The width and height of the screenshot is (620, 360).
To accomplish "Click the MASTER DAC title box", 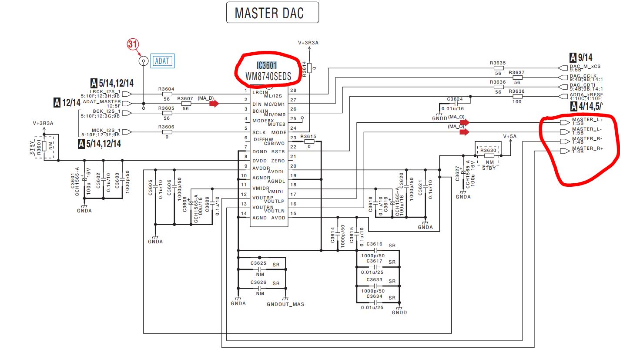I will [272, 13].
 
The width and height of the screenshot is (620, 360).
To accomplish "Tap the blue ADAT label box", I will [162, 61].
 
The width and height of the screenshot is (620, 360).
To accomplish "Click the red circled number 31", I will [133, 44].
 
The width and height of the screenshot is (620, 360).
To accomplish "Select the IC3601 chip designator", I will [266, 66].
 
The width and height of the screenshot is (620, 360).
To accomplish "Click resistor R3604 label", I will [166, 89].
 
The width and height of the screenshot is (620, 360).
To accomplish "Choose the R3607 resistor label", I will [185, 98].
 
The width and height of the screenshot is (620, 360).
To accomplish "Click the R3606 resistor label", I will [166, 127].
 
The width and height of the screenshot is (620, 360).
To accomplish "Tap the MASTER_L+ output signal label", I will [587, 119].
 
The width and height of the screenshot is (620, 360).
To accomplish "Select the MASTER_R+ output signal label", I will [587, 148].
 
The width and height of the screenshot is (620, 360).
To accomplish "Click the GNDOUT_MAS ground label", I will [285, 304].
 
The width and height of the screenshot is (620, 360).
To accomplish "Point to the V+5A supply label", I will [510, 136].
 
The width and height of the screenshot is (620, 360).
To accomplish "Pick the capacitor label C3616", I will [374, 244].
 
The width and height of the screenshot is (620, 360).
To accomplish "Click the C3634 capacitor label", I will [374, 296].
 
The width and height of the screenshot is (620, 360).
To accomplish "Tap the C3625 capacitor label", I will [258, 263].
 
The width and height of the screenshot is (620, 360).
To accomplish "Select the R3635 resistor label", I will [498, 63].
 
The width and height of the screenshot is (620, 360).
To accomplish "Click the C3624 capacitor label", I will [454, 99].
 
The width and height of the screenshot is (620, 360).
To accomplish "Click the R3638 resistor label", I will [516, 91].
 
